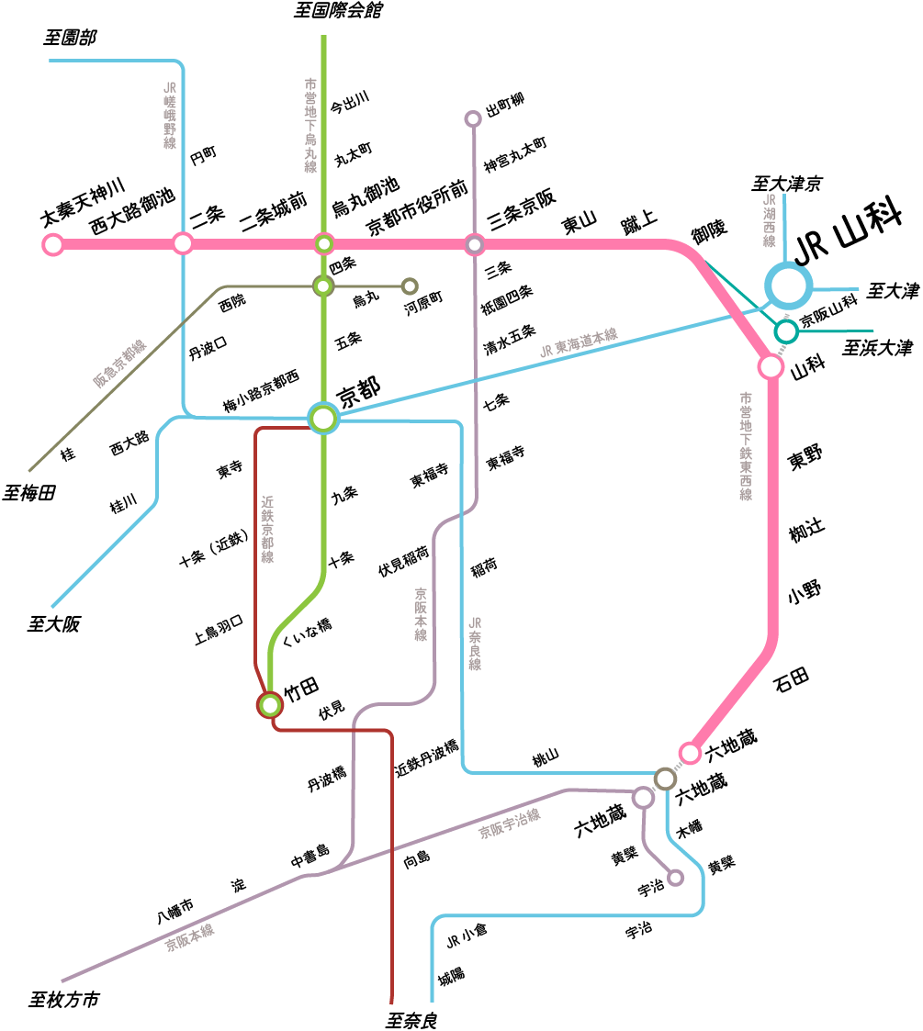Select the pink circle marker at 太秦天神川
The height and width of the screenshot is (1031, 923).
coord(52,244)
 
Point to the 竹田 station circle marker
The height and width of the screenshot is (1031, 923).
coord(270,704)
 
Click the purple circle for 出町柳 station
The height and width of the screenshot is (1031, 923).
coord(473,118)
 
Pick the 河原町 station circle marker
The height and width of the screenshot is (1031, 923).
coord(410,286)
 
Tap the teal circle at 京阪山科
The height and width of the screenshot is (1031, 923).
coord(785,331)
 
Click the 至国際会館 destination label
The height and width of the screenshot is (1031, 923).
coord(338,11)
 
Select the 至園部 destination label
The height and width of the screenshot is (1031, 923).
coord(70,38)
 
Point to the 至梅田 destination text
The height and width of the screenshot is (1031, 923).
coord(28,493)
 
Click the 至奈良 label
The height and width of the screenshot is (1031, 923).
coord(410,1019)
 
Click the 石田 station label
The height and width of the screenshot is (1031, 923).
coord(791,679)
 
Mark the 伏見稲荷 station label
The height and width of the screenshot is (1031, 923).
coord(403,561)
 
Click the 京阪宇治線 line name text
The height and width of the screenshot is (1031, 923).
coord(509,824)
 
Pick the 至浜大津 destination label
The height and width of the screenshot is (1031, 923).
coord(878,348)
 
